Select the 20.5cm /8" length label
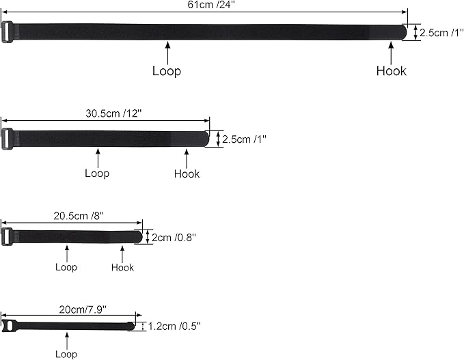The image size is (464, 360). tap(79, 216)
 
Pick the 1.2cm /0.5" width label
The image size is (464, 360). tap(174, 326)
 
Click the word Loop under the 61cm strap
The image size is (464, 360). tap(167, 71)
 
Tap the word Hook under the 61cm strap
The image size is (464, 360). tap(391, 71)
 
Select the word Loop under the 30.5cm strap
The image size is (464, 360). tap(97, 174)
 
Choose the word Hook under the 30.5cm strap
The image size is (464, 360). tap(187, 174)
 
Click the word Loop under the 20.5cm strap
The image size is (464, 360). tap(66, 267)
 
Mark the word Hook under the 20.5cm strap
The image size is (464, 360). tap(122, 267)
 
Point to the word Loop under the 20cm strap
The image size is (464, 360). tap(66, 354)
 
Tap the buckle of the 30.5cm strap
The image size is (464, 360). tap(7, 139)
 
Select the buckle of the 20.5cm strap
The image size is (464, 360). tap(6, 237)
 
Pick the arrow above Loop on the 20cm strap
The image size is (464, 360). tap(66, 340)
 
